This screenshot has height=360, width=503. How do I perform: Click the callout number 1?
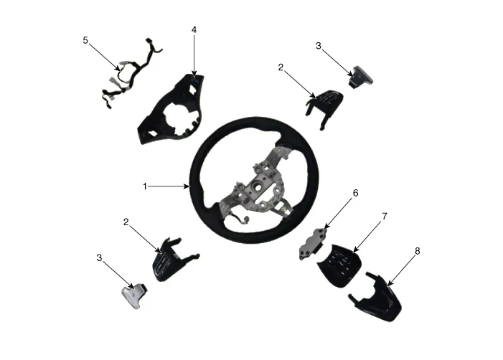click(x=145, y=186)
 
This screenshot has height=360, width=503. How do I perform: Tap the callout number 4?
click(x=194, y=30)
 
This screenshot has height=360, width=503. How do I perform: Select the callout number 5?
click(x=85, y=40)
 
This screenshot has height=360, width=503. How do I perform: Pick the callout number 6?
click(x=355, y=193)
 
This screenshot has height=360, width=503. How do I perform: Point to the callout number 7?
click(x=385, y=217)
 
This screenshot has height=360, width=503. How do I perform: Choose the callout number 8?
click(x=417, y=251)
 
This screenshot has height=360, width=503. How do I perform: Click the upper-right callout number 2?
click(x=281, y=67)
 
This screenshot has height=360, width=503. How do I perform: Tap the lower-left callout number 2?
click(x=126, y=222)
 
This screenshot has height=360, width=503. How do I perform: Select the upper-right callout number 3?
click(x=318, y=46)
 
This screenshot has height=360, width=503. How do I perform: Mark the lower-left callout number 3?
click(x=99, y=257)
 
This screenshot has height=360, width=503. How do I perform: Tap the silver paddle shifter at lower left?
click(x=134, y=295)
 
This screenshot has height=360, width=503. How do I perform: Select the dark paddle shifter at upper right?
click(x=361, y=76)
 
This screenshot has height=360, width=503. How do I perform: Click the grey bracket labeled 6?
click(x=311, y=244)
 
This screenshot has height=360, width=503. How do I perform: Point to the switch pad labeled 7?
click(x=340, y=265)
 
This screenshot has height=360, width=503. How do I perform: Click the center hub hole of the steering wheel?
click(x=258, y=186)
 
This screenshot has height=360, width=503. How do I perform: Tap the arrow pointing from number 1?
click(x=169, y=186)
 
